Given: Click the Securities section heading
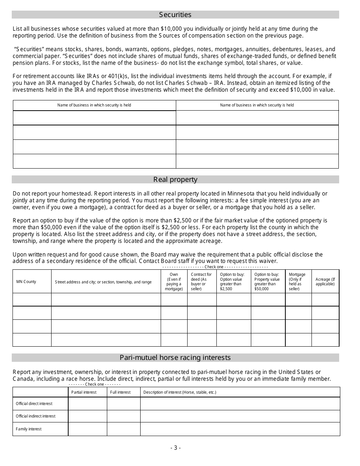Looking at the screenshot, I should coord(175,15).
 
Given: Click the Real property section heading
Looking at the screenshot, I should coord(175,180).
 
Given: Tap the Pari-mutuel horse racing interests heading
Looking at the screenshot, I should coord(175,358).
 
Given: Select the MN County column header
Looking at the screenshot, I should coord(26,281).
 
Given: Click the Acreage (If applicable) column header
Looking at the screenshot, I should coord(325,281).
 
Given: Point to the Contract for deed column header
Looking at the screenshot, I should coord(201,281).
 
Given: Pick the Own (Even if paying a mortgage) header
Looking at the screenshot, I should coord(174,281).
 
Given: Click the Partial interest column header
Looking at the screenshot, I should coord(84,392).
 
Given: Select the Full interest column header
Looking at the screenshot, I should coord(120,392).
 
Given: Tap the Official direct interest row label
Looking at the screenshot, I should coord(34,403).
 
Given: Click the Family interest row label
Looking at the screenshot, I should coord(29,429).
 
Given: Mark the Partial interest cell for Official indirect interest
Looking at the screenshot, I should coord(88,416).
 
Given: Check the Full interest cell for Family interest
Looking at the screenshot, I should coord(124,429).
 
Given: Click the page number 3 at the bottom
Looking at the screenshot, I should coord(175,448).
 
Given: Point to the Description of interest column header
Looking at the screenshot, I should coord(180,392).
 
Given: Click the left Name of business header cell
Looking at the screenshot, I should coord(94,105).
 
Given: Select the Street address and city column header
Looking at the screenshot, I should coord(103,282).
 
